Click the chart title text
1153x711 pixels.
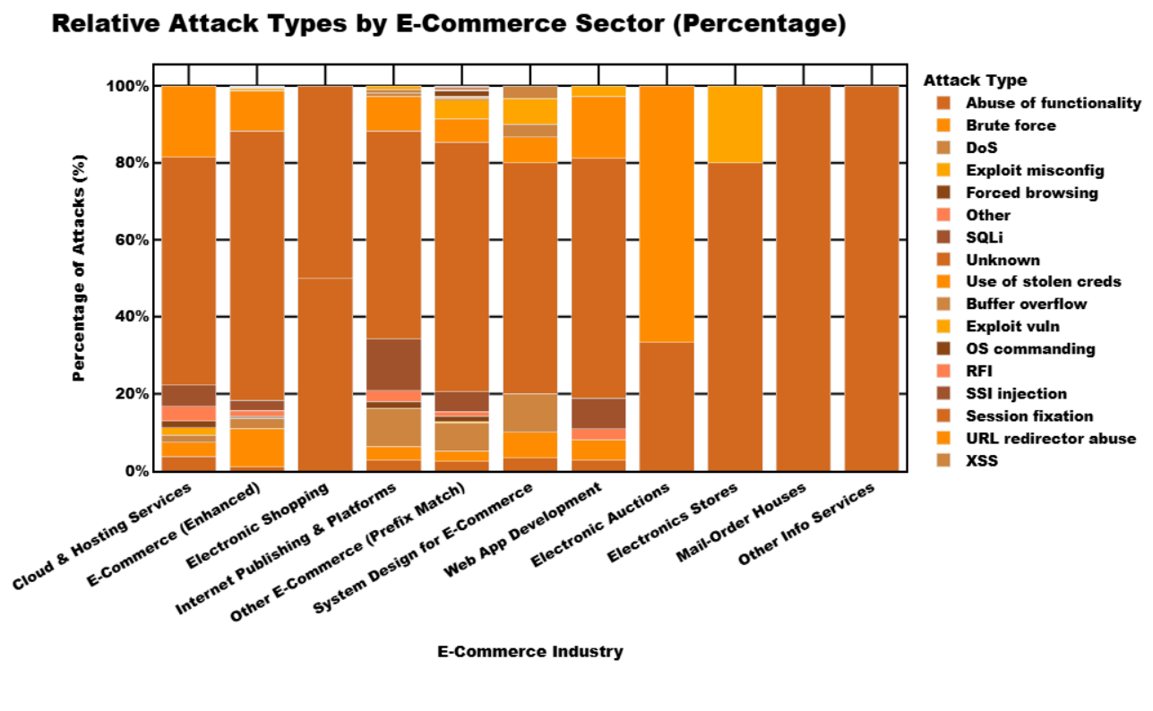click(x=449, y=24)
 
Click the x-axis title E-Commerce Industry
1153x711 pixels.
click(x=529, y=652)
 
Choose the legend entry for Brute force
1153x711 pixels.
click(x=1011, y=125)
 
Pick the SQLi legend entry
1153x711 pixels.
click(x=985, y=237)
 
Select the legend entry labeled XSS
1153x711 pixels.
click(x=981, y=461)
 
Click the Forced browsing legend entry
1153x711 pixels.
click(x=1031, y=193)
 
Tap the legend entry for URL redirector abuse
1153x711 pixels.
click(x=1050, y=439)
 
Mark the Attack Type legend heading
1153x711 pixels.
click(x=975, y=81)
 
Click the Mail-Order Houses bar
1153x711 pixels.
click(x=803, y=278)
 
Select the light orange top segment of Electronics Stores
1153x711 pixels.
click(x=735, y=124)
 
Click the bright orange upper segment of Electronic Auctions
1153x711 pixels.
click(x=667, y=213)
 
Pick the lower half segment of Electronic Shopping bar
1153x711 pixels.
click(x=325, y=374)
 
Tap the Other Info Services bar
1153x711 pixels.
click(x=871, y=278)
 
